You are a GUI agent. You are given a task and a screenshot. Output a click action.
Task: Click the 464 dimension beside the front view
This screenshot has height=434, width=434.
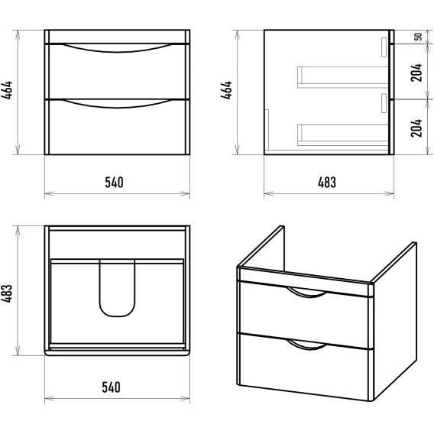(7, 90)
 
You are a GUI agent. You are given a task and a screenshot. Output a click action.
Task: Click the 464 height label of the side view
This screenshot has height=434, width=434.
(226, 90)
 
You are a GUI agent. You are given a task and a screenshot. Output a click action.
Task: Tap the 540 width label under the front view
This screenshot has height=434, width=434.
(115, 183)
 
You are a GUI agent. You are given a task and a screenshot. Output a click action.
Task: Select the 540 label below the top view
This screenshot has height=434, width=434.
(112, 387)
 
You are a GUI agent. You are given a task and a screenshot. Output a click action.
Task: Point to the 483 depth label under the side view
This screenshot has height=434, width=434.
(327, 183)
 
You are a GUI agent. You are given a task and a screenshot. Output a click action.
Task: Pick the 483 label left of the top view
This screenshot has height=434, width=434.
(7, 293)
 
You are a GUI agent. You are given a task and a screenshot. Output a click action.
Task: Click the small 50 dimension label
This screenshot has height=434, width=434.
(419, 37)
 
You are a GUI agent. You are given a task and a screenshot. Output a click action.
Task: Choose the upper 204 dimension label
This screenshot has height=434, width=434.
(416, 73)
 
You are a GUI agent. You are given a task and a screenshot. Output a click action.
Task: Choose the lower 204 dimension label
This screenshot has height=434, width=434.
(416, 128)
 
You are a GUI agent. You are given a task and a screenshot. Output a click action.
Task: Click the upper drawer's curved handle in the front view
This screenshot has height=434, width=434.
(117, 51)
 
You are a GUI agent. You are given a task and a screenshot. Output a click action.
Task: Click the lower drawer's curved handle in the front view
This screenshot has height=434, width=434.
(117, 108)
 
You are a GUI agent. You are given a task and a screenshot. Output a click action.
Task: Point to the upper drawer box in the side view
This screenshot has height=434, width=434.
(342, 77)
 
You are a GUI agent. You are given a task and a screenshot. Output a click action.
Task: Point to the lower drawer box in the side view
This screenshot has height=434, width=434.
(342, 135)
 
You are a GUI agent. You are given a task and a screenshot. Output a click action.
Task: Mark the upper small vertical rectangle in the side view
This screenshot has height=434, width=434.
(384, 47)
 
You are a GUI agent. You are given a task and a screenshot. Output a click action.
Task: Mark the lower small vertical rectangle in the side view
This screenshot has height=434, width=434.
(384, 103)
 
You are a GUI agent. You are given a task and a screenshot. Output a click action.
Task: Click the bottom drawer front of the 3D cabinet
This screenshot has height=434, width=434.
(304, 367)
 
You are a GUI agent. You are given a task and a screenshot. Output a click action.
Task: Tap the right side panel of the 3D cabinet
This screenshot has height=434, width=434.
(394, 321)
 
